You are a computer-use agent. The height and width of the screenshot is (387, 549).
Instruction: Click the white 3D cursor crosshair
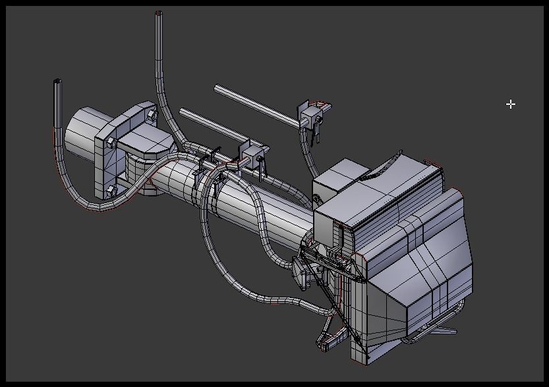511,104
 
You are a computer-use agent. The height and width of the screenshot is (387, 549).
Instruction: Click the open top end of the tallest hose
158,13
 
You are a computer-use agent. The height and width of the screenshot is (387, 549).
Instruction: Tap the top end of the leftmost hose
57,82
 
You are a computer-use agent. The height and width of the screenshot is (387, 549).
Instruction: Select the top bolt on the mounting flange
151,115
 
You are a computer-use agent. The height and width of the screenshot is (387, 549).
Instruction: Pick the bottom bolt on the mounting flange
110,191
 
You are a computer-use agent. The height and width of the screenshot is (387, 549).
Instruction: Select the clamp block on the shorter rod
252,157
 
